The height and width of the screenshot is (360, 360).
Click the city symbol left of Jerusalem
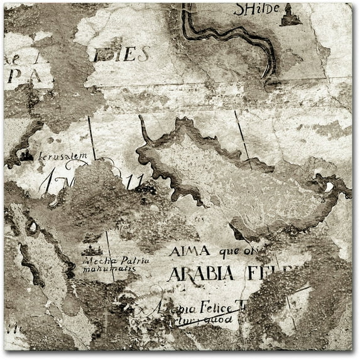26,154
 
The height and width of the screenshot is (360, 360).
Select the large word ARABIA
200,274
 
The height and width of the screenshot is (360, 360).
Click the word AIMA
189,251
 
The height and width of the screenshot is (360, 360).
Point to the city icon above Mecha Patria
92,250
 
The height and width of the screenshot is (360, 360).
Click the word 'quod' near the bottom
219,319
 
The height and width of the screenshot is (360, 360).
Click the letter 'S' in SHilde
239,9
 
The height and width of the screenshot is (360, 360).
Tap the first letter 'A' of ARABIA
174,274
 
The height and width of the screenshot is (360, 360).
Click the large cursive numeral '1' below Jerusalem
48,182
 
